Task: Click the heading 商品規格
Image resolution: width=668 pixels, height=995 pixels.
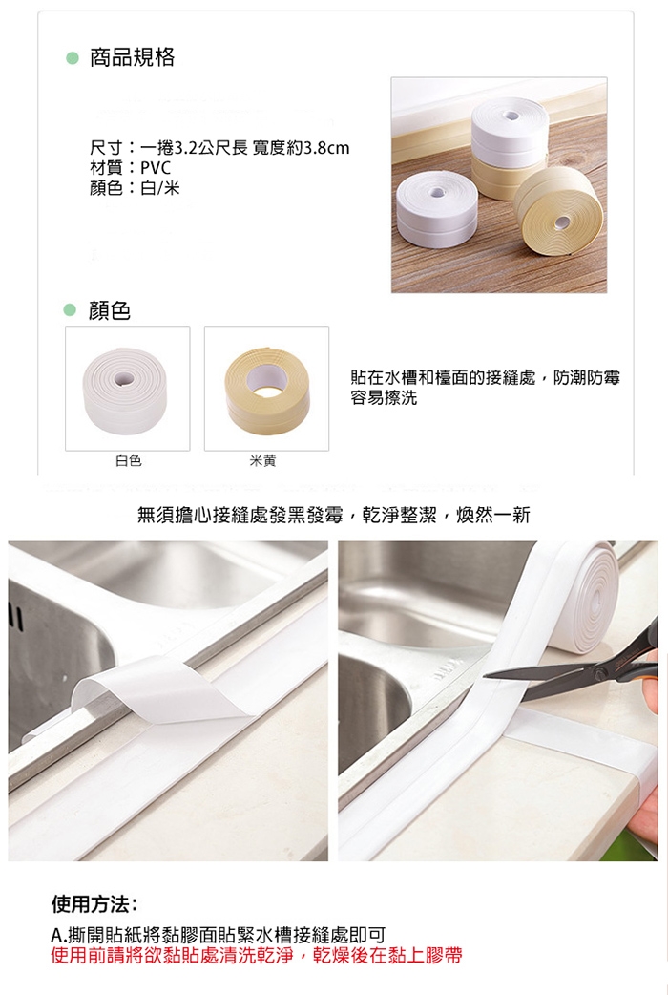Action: [132, 57]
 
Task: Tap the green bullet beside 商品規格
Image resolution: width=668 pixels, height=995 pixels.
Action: [73, 58]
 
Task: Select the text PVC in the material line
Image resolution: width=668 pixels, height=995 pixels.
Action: [156, 168]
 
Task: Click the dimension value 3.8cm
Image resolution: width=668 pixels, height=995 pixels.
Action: [326, 149]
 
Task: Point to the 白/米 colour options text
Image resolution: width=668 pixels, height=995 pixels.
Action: [160, 188]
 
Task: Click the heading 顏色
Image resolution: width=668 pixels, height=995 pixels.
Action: [110, 310]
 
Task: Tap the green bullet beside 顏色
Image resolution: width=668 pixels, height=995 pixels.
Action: [70, 310]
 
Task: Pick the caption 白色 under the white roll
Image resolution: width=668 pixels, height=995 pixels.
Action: [128, 460]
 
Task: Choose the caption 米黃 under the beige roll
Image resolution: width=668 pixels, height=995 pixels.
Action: [262, 460]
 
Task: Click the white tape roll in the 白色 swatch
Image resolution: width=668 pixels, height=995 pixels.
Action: [128, 391]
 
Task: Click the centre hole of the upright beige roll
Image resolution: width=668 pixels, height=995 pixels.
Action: [562, 222]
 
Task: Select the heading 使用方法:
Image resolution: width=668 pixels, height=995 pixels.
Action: [94, 903]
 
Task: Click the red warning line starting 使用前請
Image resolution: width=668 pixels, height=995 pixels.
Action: [257, 955]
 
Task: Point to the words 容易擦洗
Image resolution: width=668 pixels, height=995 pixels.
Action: [384, 398]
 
